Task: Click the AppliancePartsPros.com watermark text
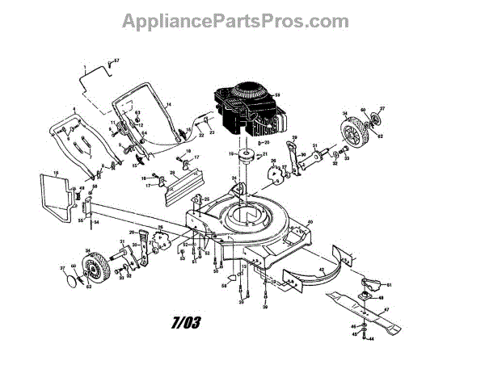click(242, 21)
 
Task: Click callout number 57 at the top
click(116, 61)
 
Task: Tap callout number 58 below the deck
click(223, 284)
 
